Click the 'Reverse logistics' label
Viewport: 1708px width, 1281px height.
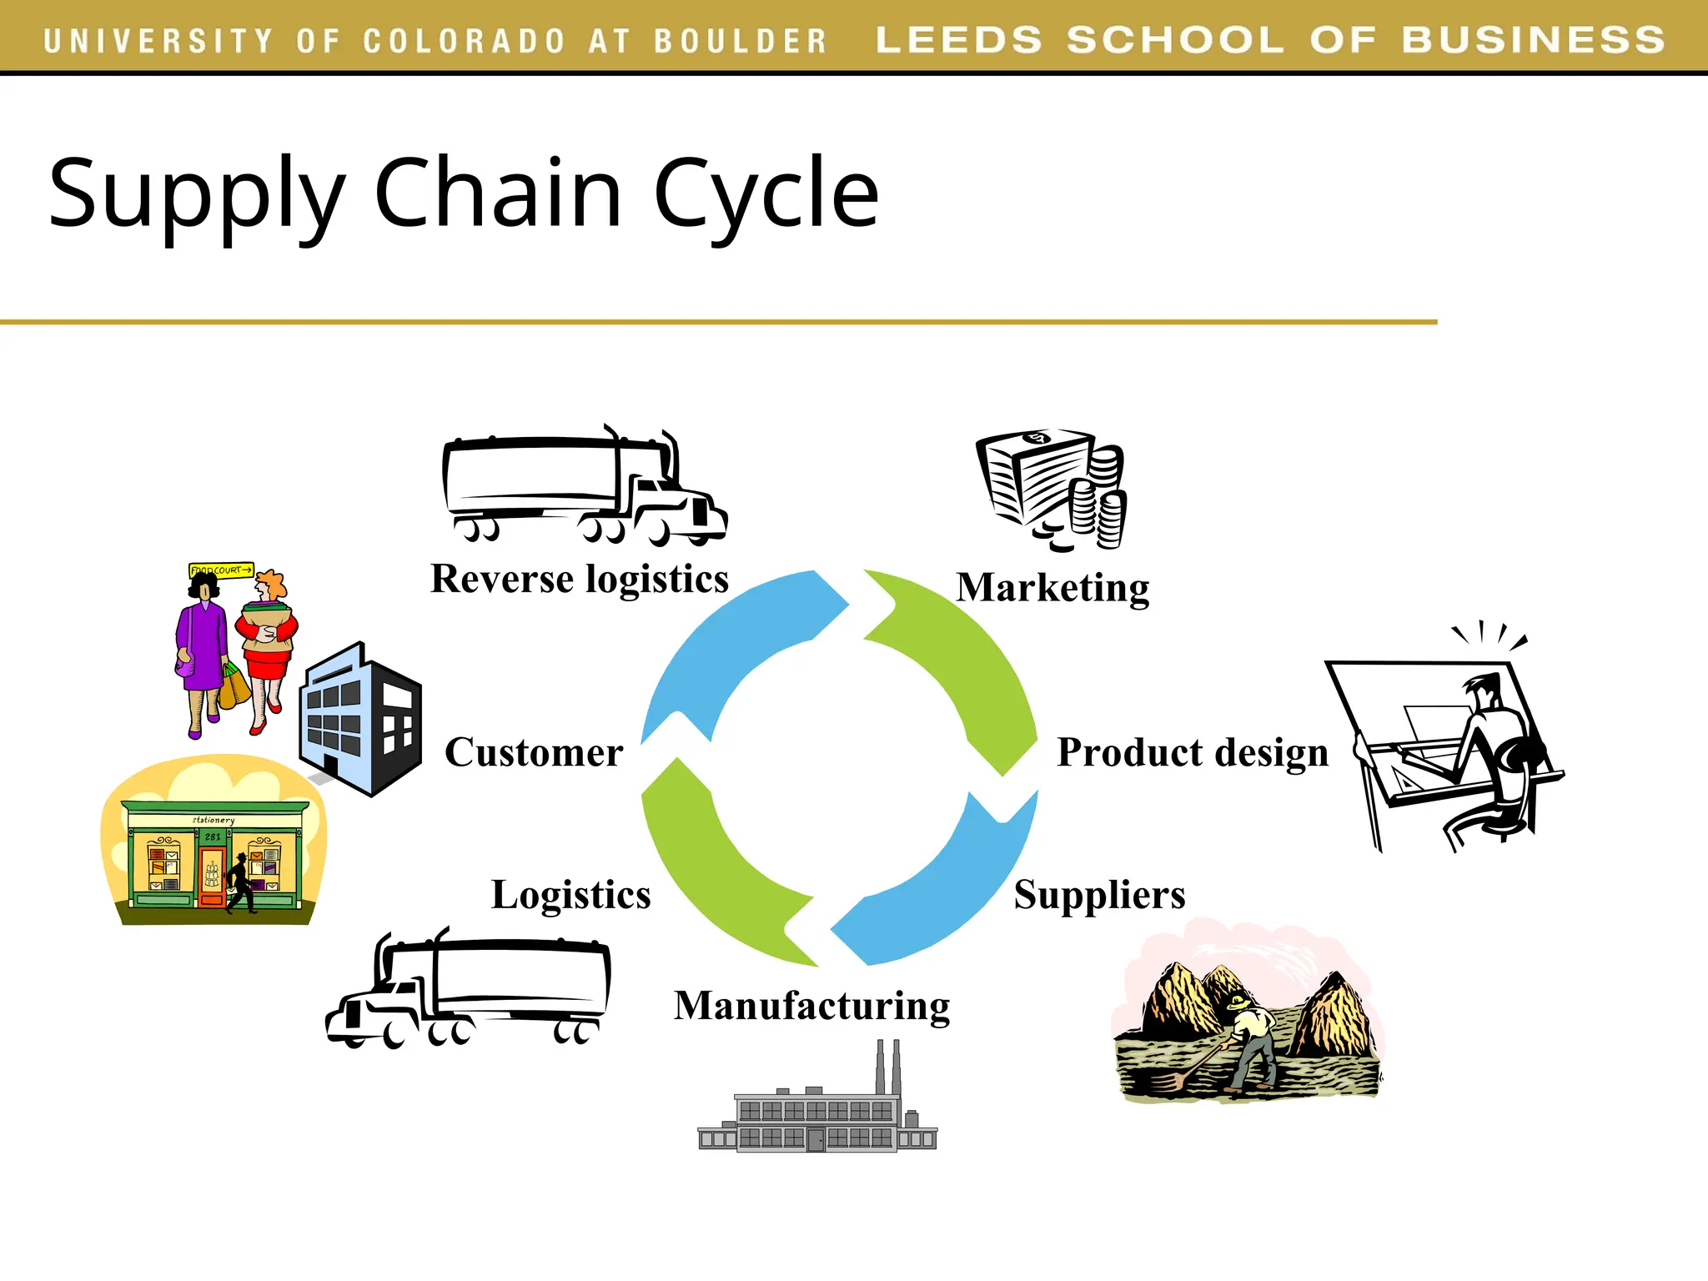[580, 580]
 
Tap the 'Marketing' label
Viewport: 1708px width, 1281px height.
[1052, 588]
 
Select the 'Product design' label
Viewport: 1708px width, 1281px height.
[1193, 752]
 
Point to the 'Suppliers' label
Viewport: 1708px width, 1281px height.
[1099, 895]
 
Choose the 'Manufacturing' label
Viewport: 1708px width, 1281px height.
[811, 1006]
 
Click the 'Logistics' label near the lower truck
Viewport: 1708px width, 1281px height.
[570, 895]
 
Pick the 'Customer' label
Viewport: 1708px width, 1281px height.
[534, 752]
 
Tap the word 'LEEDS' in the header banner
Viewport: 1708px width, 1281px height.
[958, 40]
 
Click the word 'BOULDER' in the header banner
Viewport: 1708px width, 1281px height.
[740, 41]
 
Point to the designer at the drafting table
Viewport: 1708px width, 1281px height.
[1493, 751]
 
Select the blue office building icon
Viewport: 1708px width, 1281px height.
[360, 718]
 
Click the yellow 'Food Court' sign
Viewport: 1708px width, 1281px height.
[221, 570]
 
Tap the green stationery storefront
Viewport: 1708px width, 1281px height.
[213, 856]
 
